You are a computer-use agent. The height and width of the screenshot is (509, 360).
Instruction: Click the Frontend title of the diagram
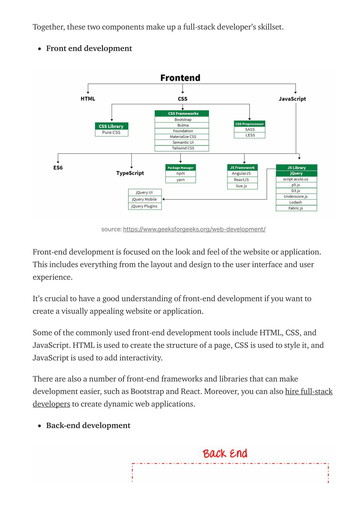tap(180, 78)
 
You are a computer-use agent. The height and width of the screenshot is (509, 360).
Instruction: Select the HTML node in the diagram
tap(88, 99)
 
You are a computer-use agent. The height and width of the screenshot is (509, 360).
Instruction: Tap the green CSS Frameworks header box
tap(182, 113)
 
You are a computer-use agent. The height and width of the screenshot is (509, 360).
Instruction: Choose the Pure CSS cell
tap(111, 133)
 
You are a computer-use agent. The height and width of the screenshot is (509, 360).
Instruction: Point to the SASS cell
tap(250, 130)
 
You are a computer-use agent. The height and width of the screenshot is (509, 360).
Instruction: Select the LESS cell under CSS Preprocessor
tap(250, 135)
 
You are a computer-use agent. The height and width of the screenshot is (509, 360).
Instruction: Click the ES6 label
tap(58, 168)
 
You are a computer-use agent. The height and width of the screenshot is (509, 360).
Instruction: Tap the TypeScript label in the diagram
tap(130, 173)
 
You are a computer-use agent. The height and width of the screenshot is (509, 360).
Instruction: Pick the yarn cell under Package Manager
tap(181, 180)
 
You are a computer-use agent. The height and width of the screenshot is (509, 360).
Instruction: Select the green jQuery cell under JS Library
tap(296, 174)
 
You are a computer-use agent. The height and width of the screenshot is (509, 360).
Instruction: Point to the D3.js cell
tap(296, 191)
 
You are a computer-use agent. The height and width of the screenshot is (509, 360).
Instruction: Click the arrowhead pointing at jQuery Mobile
tap(163, 199)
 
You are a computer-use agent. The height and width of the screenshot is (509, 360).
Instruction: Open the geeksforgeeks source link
tap(194, 229)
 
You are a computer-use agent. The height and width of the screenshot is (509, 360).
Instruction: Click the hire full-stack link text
tap(309, 391)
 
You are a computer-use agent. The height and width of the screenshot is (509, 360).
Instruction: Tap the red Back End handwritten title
tap(225, 453)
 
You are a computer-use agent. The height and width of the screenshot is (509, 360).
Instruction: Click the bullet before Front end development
tap(40, 48)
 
